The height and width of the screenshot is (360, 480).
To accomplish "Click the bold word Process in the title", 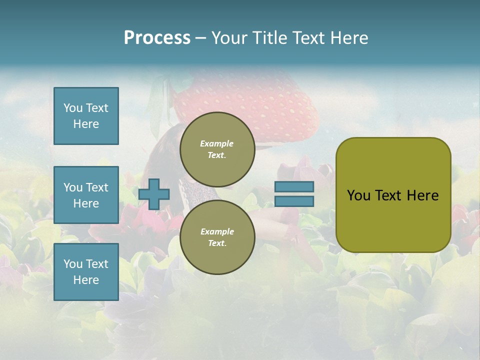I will [x=157, y=38].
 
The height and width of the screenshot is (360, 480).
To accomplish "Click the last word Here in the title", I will [x=349, y=38].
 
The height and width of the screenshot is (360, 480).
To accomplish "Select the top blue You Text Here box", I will [x=86, y=116].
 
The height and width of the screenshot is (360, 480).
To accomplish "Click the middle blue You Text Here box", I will [x=86, y=195].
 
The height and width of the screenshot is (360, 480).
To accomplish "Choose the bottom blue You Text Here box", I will [x=86, y=272].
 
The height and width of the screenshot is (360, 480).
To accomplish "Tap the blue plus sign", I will [x=154, y=194].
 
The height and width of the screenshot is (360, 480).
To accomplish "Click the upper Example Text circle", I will [x=217, y=149].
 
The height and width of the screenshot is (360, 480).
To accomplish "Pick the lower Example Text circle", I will [x=217, y=237].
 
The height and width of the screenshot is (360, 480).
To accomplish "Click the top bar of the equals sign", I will [x=294, y=186].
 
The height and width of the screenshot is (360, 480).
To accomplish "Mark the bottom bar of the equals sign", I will [x=294, y=201].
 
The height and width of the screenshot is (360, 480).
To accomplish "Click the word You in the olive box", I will [x=358, y=195].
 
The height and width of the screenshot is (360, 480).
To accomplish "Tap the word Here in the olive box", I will [x=422, y=195].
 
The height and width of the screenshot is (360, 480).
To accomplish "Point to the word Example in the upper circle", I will [x=217, y=143].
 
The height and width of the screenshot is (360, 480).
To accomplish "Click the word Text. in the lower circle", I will [x=217, y=243].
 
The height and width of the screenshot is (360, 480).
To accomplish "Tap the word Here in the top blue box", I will [x=86, y=124].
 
